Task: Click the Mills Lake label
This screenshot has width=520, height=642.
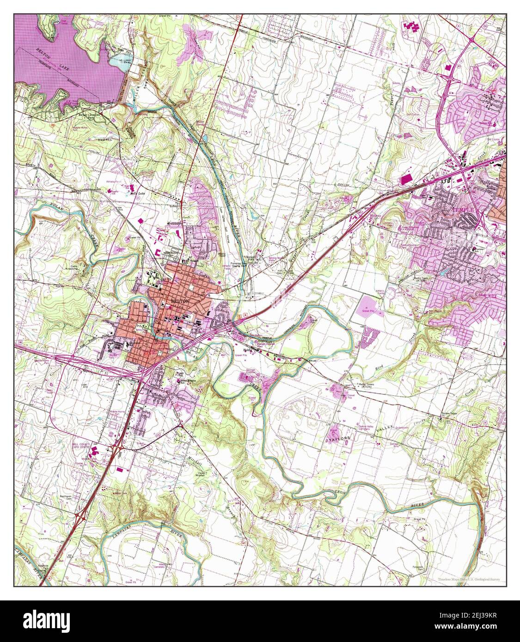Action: click(x=139, y=194)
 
